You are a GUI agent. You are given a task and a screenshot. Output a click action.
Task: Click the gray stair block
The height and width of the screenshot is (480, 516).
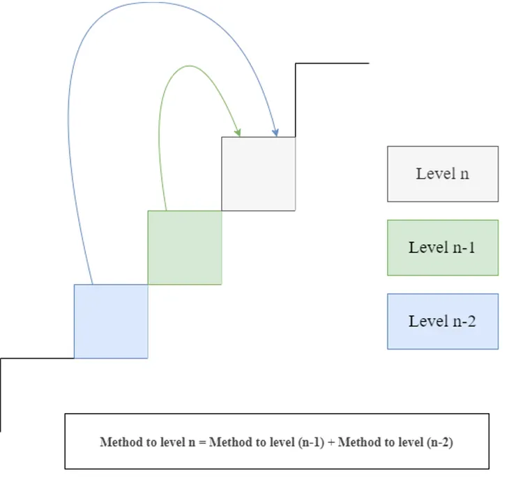(x=258, y=174)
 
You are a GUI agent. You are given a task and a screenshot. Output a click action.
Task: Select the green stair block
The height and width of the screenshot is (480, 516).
(x=185, y=247)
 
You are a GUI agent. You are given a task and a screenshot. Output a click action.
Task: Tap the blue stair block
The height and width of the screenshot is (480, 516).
(x=111, y=321)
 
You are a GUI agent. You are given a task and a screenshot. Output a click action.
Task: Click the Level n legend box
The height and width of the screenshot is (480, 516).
(x=443, y=174)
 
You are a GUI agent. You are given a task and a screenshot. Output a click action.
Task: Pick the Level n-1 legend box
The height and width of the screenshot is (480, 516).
(x=443, y=247)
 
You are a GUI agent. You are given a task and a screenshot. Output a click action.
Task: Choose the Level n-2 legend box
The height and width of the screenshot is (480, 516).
(x=443, y=321)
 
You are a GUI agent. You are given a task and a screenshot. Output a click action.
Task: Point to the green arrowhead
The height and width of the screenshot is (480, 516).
(x=239, y=133)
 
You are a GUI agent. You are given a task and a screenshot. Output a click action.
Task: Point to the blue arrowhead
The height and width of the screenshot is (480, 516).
(x=276, y=132)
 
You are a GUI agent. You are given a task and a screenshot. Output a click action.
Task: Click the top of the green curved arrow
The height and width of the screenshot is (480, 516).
(x=187, y=66)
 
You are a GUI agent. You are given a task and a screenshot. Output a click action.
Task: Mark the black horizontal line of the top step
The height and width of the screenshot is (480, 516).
(x=332, y=63)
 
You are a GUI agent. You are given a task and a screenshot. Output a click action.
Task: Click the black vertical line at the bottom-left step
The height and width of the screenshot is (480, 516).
(x=1, y=394)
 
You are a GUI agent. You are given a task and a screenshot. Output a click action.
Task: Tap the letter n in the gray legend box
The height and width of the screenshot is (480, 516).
(x=464, y=174)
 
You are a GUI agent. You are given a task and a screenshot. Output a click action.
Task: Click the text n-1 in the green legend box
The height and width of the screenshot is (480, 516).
(x=462, y=247)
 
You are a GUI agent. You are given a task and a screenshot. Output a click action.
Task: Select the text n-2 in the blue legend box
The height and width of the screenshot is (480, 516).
(x=462, y=321)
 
